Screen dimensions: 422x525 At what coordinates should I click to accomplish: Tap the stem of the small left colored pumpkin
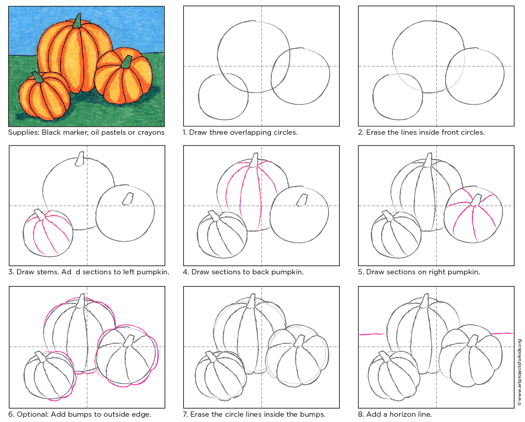(38, 77)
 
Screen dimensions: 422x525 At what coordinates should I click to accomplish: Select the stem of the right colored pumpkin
(127, 62)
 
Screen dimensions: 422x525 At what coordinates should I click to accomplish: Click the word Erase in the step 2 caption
(376, 133)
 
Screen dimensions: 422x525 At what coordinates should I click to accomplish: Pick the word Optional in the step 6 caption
(32, 414)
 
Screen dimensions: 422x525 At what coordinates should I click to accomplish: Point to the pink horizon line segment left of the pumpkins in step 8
(372, 334)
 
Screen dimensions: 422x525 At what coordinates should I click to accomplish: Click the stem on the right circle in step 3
(128, 198)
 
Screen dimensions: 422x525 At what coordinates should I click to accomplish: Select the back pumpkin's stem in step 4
(254, 160)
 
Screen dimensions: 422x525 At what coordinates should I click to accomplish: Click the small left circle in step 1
(223, 97)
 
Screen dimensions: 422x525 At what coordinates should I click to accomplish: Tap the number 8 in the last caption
(360, 414)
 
